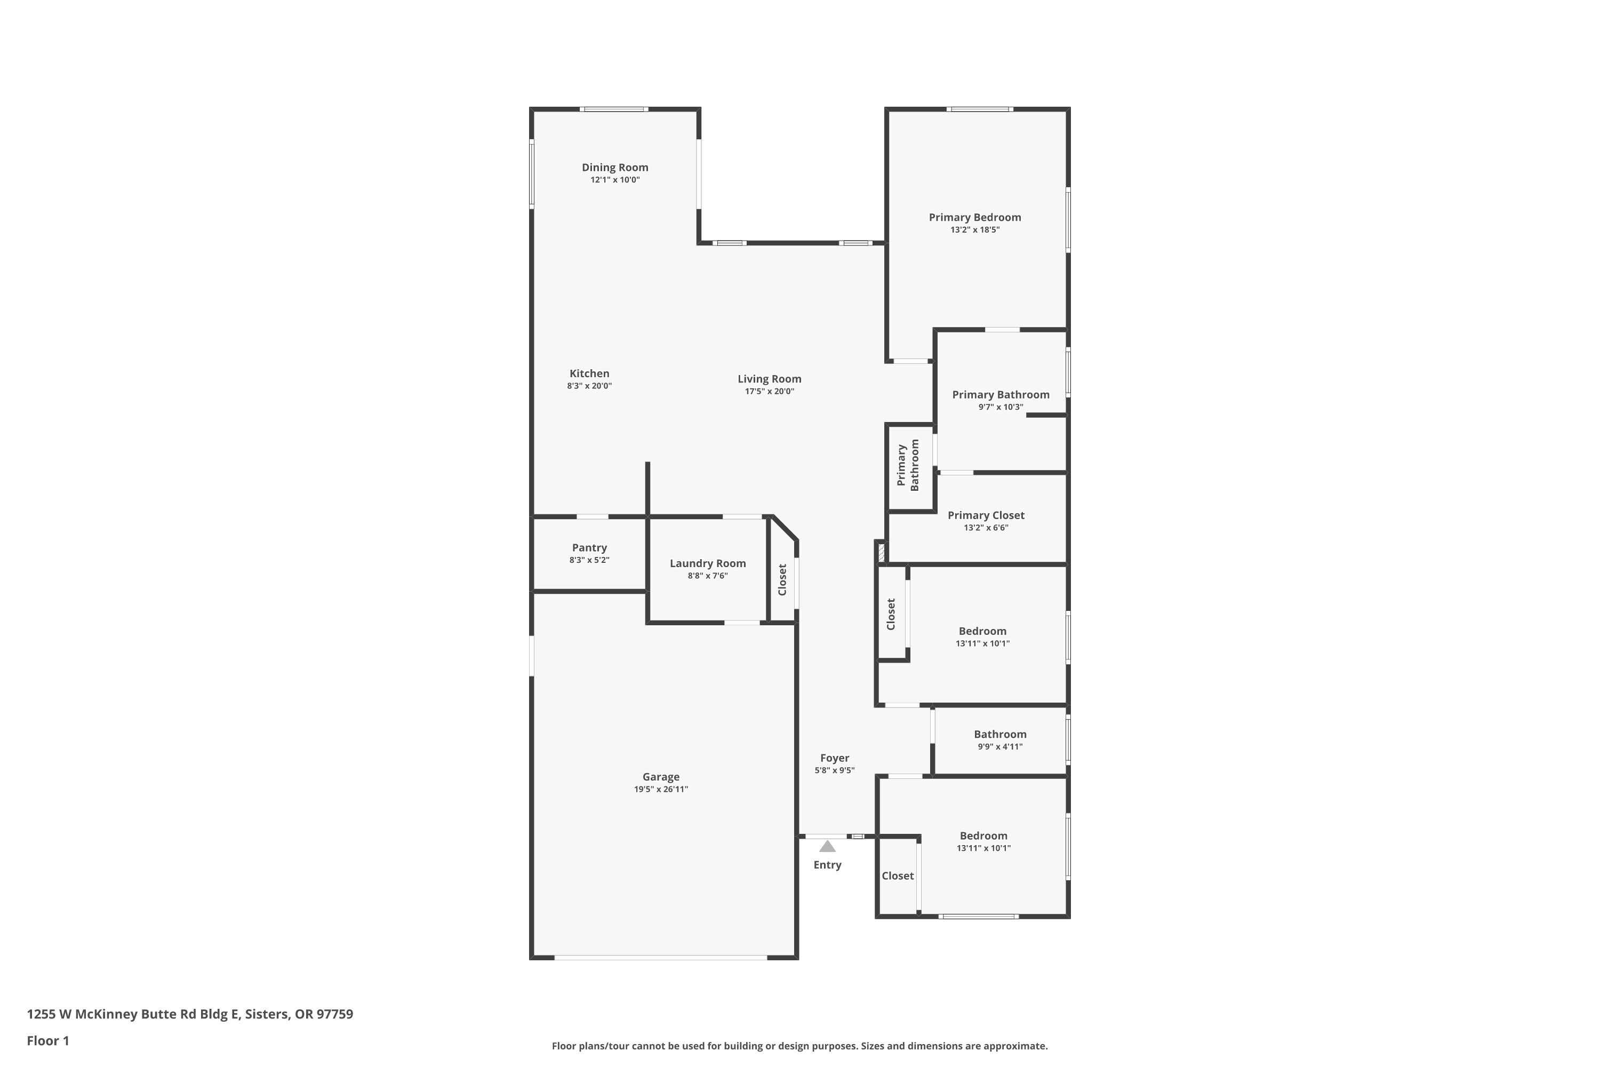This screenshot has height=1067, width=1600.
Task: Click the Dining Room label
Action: (x=614, y=168)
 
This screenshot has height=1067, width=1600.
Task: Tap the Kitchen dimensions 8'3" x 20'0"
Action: (x=589, y=386)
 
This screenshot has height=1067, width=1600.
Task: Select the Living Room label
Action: (x=770, y=379)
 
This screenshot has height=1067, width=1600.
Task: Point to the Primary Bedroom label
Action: (x=974, y=218)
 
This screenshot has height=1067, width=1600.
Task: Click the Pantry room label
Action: (x=589, y=548)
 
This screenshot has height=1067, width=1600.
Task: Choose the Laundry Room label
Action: (x=708, y=563)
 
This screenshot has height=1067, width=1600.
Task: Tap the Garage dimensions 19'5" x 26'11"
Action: (x=661, y=790)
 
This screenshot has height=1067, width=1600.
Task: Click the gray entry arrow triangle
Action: (x=827, y=847)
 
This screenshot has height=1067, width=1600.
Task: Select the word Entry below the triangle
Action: (x=827, y=865)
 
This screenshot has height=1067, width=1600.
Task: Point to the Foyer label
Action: (x=834, y=758)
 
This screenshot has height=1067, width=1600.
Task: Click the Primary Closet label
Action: (x=985, y=516)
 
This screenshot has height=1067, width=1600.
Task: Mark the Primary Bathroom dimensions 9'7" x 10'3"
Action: (x=1000, y=407)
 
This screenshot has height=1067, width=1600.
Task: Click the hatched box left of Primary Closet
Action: (x=881, y=551)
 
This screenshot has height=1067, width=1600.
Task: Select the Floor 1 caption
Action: (x=47, y=1040)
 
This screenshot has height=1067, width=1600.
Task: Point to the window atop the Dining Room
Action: (x=614, y=109)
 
